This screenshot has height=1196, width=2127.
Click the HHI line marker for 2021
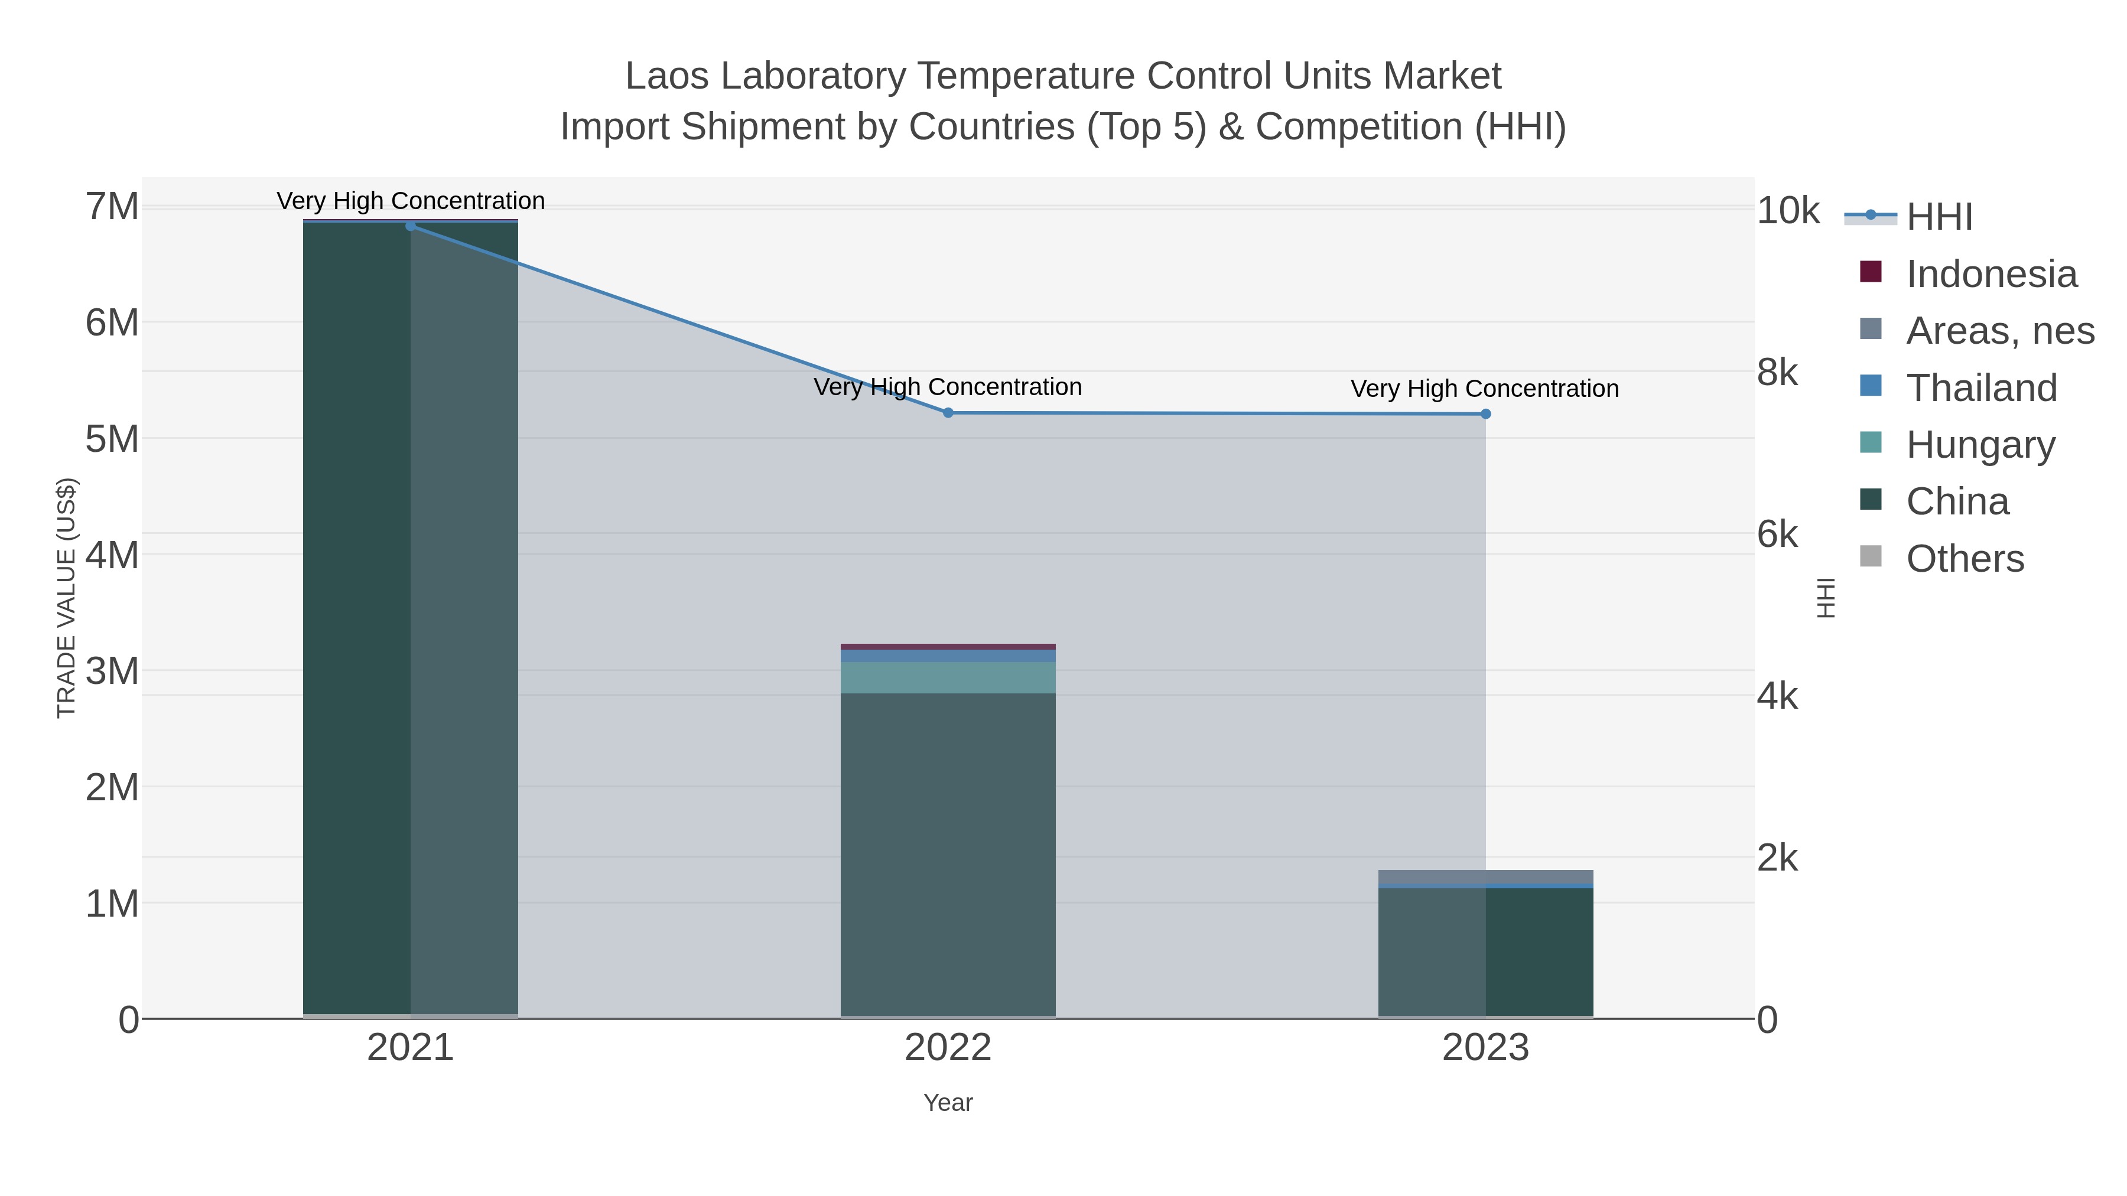coord(411,226)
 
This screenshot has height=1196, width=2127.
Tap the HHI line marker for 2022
coord(948,413)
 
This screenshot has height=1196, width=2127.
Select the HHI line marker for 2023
coord(1485,413)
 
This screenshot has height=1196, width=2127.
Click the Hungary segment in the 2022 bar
coord(948,677)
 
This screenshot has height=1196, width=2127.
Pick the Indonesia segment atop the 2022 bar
coord(948,646)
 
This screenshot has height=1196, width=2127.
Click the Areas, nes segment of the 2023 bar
coord(1485,876)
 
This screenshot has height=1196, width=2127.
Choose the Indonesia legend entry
coord(1991,274)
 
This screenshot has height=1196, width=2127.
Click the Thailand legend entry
coord(1981,388)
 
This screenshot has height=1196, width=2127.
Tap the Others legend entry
coord(1965,559)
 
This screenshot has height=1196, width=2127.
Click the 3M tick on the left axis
coord(112,671)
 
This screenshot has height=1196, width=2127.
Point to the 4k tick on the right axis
coord(1777,696)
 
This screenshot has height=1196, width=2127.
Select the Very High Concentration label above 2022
coord(948,386)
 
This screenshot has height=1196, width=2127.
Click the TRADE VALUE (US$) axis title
coord(66,598)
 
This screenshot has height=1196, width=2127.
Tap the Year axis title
coord(948,1103)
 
